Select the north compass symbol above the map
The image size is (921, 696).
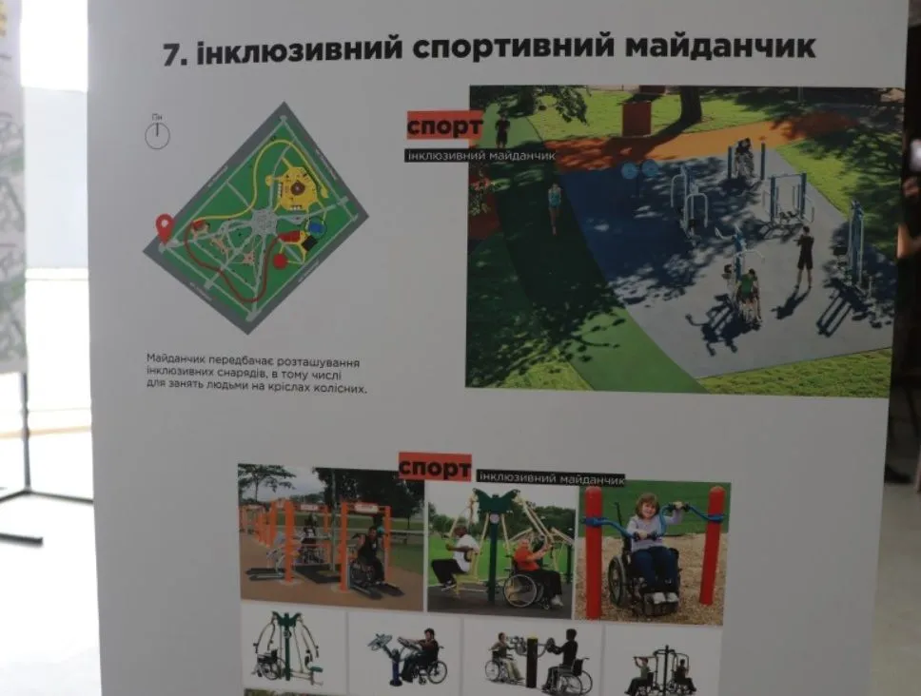157,135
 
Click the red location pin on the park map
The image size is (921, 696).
165,227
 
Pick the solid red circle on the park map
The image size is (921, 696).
280,261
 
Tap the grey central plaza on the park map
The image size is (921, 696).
263,222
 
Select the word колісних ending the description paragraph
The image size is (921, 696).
341,389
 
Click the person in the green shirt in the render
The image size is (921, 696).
748,289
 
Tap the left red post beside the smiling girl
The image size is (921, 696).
594,551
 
